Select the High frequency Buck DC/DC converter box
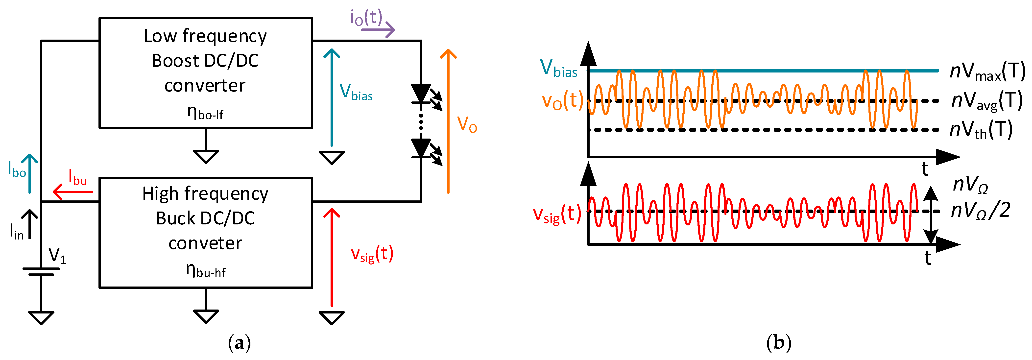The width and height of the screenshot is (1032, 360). [206, 232]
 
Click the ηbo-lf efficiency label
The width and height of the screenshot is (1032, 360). [205, 113]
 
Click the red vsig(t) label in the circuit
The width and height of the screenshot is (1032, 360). [372, 254]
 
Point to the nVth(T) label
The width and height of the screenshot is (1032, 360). [981, 130]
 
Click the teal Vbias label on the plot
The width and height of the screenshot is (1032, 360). [558, 68]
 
